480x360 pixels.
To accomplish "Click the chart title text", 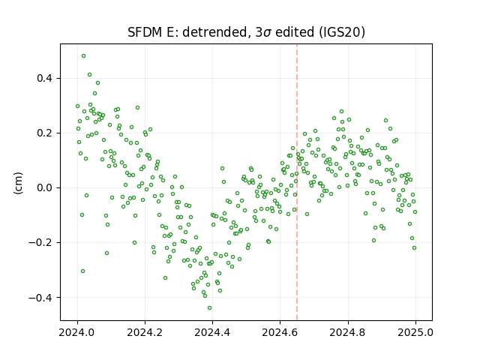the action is [246, 32].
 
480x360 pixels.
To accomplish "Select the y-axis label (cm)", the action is [18, 183].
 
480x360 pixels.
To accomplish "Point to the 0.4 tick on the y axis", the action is [45, 78].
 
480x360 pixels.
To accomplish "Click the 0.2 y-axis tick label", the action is [45, 133].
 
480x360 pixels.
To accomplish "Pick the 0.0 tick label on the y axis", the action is [45, 188].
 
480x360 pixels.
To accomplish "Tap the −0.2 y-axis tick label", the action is [40, 243].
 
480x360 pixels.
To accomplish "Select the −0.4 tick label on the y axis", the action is [40, 298].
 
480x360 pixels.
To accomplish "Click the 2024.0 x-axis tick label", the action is [77, 332].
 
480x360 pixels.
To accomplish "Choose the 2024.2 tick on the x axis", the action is [145, 332].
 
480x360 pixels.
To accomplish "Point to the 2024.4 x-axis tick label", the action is [212, 332].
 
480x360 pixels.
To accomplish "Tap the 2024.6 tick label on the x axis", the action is [280, 332].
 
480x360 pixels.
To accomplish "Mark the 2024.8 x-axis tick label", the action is [348, 332].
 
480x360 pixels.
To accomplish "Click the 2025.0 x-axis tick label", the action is [415, 332].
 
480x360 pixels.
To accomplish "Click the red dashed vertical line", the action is [297, 182].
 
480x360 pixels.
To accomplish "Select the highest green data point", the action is [83, 56].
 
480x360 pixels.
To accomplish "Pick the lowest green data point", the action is [210, 308].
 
